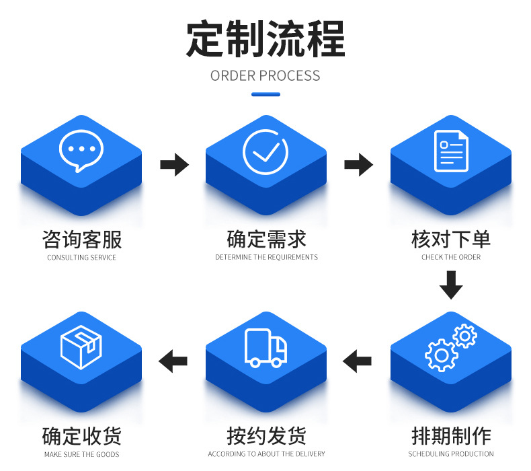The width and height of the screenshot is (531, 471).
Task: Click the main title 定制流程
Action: pyautogui.click(x=265, y=38)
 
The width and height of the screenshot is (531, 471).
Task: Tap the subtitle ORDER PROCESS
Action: pyautogui.click(x=265, y=75)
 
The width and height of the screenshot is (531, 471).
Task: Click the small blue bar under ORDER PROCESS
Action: pyautogui.click(x=265, y=94)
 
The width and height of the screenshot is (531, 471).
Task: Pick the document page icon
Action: pyautogui.click(x=451, y=151)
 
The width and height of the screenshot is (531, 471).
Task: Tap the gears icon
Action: pyautogui.click(x=450, y=347)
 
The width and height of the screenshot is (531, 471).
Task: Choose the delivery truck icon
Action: pyautogui.click(x=265, y=348)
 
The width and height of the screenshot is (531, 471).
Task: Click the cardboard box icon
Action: pyautogui.click(x=81, y=347)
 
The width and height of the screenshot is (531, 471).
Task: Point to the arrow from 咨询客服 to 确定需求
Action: pyautogui.click(x=174, y=164)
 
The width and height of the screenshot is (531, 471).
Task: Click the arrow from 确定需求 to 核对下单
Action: pyautogui.click(x=358, y=164)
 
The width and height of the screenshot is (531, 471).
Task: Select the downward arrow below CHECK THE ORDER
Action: pyautogui.click(x=451, y=285)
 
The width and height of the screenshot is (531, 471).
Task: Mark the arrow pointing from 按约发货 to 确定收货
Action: pyautogui.click(x=173, y=361)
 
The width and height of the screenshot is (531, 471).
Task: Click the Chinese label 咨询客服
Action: pyautogui.click(x=81, y=239)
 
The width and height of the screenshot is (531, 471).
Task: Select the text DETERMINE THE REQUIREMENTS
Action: pyautogui.click(x=266, y=257)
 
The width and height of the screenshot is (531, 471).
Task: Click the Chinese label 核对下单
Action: pyautogui.click(x=451, y=239)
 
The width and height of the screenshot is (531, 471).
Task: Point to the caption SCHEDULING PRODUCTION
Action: pyautogui.click(x=451, y=454)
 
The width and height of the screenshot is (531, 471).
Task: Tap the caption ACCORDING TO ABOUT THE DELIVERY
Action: pyautogui.click(x=266, y=454)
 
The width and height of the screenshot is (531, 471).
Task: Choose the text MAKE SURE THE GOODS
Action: pyautogui.click(x=81, y=454)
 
